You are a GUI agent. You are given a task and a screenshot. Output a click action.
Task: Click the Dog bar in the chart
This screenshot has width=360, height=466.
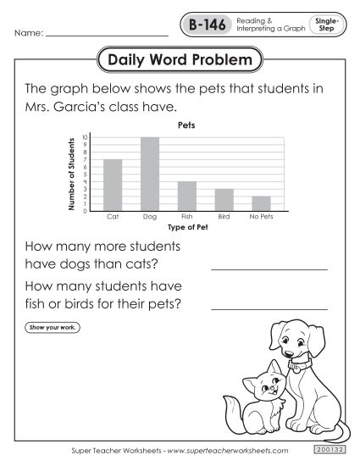[x=150, y=174]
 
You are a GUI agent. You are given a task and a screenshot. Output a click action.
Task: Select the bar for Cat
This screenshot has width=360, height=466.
[x=113, y=185]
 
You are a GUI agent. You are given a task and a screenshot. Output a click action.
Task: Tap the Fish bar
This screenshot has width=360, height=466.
[x=187, y=196]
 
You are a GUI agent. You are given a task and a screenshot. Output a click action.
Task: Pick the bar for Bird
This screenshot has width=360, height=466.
[x=224, y=199]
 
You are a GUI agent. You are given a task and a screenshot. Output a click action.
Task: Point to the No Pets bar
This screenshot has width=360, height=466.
[x=261, y=203]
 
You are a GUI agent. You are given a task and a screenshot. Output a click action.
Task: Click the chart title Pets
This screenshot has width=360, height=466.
[x=186, y=125]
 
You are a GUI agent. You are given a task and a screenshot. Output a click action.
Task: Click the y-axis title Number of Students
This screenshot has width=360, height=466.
[x=71, y=174]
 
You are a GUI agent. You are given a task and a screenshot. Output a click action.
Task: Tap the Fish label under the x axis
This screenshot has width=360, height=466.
[x=187, y=218]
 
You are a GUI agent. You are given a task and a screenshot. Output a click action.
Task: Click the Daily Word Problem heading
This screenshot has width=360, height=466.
[x=180, y=61]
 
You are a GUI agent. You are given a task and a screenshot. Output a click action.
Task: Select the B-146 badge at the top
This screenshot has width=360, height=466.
[x=205, y=25]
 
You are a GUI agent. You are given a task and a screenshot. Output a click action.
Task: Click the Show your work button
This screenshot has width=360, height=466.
[x=52, y=328]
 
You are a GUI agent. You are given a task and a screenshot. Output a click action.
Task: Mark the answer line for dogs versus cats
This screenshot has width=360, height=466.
[x=269, y=268]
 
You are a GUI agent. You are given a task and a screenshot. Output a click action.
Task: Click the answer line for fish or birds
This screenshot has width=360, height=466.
[x=269, y=308]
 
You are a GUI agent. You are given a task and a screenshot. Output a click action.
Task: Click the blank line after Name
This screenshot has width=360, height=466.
[x=106, y=36]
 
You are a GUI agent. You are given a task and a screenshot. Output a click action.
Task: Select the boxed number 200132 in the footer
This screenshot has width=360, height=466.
[x=326, y=451]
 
